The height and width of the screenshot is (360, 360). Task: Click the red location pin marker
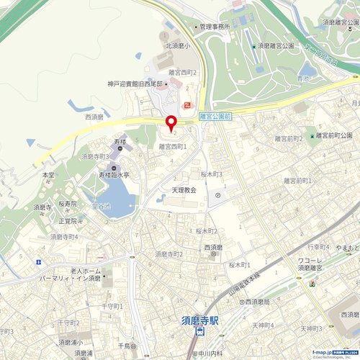171,123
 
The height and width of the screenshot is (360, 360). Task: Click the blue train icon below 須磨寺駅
199,331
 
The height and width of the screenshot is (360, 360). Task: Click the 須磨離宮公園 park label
278,45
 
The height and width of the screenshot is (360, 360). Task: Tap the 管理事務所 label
215,27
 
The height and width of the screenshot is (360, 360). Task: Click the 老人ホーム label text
86,271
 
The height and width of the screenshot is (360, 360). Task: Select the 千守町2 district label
68,323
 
